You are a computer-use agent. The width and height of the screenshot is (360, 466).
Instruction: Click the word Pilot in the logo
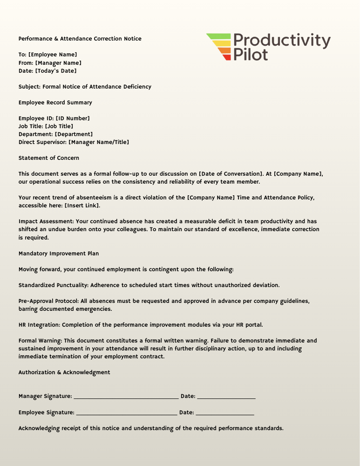pos(251,55)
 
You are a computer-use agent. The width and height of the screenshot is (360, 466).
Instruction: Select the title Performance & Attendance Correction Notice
pos(80,39)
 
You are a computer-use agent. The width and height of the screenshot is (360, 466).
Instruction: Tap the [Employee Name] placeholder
pos(53,55)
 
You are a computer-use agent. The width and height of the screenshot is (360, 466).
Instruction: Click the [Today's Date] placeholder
pos(56,71)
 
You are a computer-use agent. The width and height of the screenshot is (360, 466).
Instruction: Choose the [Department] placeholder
pos(74,134)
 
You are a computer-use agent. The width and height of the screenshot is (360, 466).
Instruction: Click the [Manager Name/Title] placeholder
pos(99,142)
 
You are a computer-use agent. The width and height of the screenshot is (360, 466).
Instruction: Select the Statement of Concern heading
pos(49,158)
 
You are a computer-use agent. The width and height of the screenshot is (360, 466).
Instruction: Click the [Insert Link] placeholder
pos(82,206)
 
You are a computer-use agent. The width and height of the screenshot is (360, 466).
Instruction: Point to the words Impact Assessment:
pos(45,221)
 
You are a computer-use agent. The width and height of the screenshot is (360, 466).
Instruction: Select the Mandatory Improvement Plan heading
pos(59,254)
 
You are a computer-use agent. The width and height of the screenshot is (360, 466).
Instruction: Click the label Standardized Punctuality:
pos(54,285)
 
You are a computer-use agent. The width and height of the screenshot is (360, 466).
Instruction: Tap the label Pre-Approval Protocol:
pos(48,301)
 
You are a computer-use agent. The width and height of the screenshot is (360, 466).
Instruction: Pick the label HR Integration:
pos(39,325)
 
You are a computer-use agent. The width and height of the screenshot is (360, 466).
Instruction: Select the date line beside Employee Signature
pos(224,413)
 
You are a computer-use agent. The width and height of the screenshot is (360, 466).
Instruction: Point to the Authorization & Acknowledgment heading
pos(64,372)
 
